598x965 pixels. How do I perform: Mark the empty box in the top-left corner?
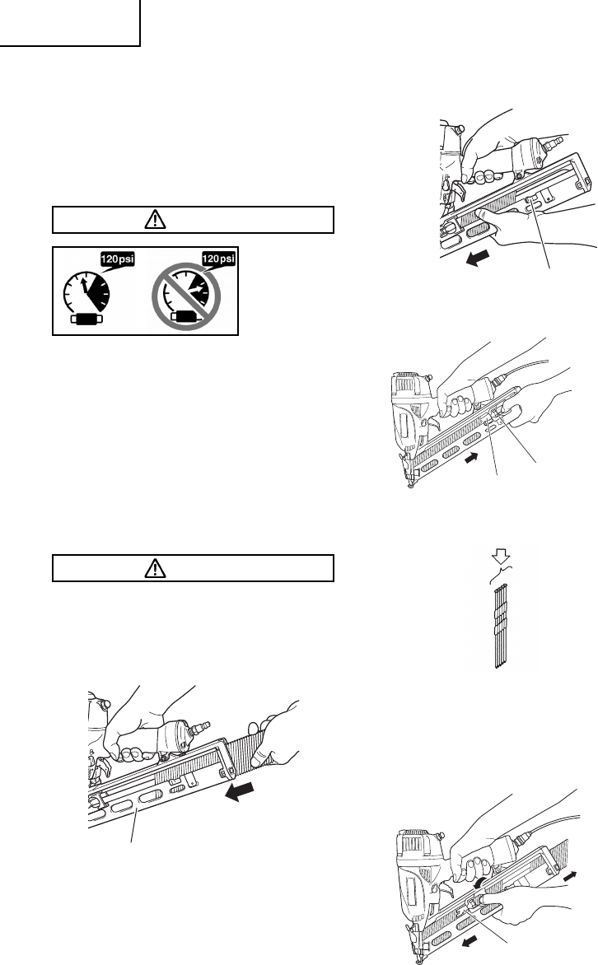[70, 22]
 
